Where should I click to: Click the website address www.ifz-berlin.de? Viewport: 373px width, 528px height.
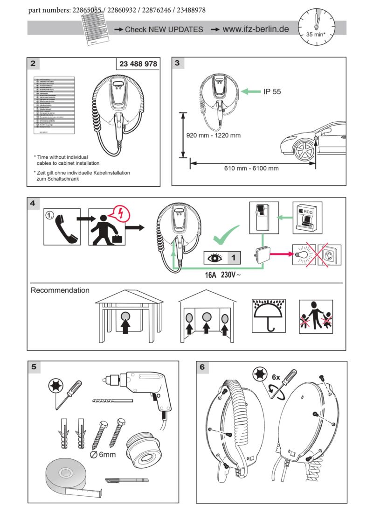[256, 29]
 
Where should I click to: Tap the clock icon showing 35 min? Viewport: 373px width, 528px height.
[316, 27]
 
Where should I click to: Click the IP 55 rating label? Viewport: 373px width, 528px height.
[272, 92]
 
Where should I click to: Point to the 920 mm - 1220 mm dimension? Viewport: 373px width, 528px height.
[214, 135]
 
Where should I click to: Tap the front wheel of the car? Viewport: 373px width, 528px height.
[303, 149]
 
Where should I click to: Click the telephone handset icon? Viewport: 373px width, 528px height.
[64, 227]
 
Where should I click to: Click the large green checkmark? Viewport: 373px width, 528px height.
[226, 235]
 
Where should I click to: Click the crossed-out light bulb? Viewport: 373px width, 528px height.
[302, 255]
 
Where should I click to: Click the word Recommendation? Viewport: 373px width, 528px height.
[60, 290]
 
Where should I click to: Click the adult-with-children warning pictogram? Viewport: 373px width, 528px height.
[316, 316]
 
